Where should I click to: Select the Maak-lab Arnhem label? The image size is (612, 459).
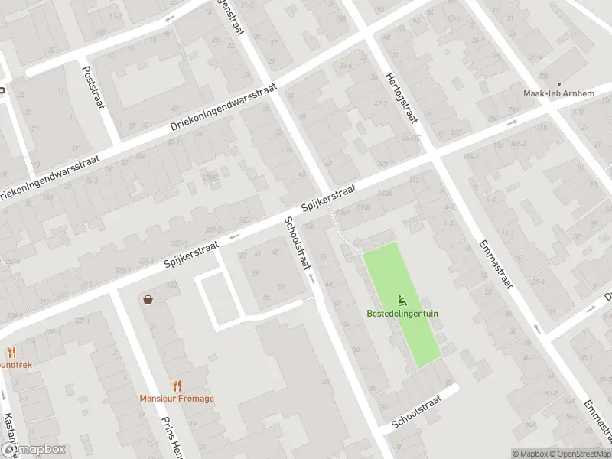pyautogui.click(x=558, y=93)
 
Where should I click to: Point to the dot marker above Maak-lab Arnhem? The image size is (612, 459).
pyautogui.click(x=558, y=83)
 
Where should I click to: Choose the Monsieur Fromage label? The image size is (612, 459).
pyautogui.click(x=177, y=398)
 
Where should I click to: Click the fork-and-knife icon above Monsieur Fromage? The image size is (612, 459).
pyautogui.click(x=177, y=385)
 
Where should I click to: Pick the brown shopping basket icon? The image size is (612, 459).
pyautogui.click(x=147, y=300)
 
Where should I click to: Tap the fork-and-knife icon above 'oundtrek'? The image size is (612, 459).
pyautogui.click(x=11, y=352)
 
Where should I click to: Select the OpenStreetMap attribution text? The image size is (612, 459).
pyautogui.click(x=581, y=454)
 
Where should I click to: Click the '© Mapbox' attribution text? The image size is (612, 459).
pyautogui.click(x=530, y=454)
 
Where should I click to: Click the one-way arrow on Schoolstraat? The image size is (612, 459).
pyautogui.click(x=311, y=275)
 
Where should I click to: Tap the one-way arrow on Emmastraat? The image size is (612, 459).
pyautogui.click(x=535, y=329)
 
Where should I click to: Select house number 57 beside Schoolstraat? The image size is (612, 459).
pyautogui.click(x=281, y=286)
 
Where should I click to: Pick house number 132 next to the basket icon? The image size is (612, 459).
pyautogui.click(x=172, y=285)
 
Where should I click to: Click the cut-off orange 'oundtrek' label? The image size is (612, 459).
pyautogui.click(x=15, y=365)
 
